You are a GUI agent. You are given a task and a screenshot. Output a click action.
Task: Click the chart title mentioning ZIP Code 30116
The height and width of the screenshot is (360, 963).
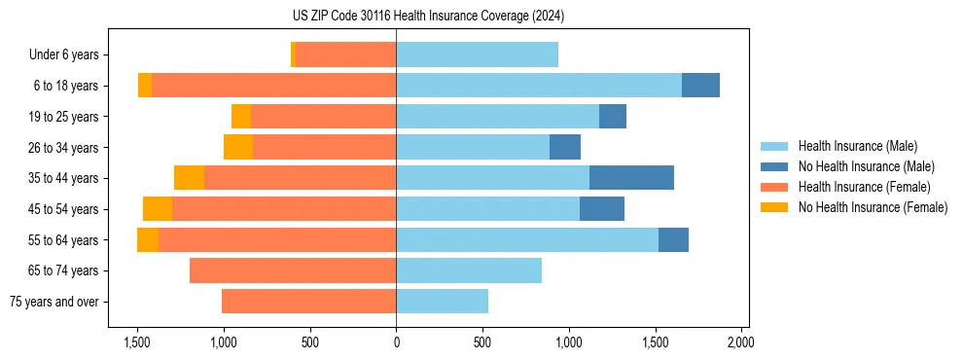coord(428,16)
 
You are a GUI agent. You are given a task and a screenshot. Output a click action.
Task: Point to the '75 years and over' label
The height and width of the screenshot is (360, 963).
coord(54,302)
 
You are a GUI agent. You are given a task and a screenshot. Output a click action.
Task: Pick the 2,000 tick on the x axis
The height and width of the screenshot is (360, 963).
coord(740,342)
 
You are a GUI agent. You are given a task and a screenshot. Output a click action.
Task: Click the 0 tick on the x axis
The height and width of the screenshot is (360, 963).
coord(396,342)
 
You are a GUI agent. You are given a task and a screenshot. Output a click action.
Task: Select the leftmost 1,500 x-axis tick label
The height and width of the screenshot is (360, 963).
coord(137,342)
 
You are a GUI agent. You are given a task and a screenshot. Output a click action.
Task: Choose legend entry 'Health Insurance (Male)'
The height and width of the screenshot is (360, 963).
coord(857,146)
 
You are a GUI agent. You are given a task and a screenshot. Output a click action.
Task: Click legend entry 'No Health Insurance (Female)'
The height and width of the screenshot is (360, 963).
coord(873,207)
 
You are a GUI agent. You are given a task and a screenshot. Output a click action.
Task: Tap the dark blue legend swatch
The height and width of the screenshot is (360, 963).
coord(775,166)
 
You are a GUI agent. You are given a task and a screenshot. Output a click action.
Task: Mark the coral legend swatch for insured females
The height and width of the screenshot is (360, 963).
coord(775,187)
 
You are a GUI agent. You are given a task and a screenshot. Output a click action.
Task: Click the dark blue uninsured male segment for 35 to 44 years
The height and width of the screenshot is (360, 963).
coord(631,178)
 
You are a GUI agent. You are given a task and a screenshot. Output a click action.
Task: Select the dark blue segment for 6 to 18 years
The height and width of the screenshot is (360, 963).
coord(700,86)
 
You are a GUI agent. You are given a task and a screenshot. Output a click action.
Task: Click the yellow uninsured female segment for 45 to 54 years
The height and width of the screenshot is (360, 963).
coord(158,209)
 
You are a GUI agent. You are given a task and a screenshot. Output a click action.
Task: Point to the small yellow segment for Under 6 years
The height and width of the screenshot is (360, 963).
coord(293,54)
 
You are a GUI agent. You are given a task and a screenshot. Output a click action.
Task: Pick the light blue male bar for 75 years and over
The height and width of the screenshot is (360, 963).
coord(442,302)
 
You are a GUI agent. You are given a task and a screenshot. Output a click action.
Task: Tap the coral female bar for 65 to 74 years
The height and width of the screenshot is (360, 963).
coord(293,270)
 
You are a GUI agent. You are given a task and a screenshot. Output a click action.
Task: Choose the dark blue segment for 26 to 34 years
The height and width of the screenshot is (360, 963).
coord(565,147)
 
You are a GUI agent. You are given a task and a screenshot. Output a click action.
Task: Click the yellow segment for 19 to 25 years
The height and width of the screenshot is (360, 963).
coord(241,117)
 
